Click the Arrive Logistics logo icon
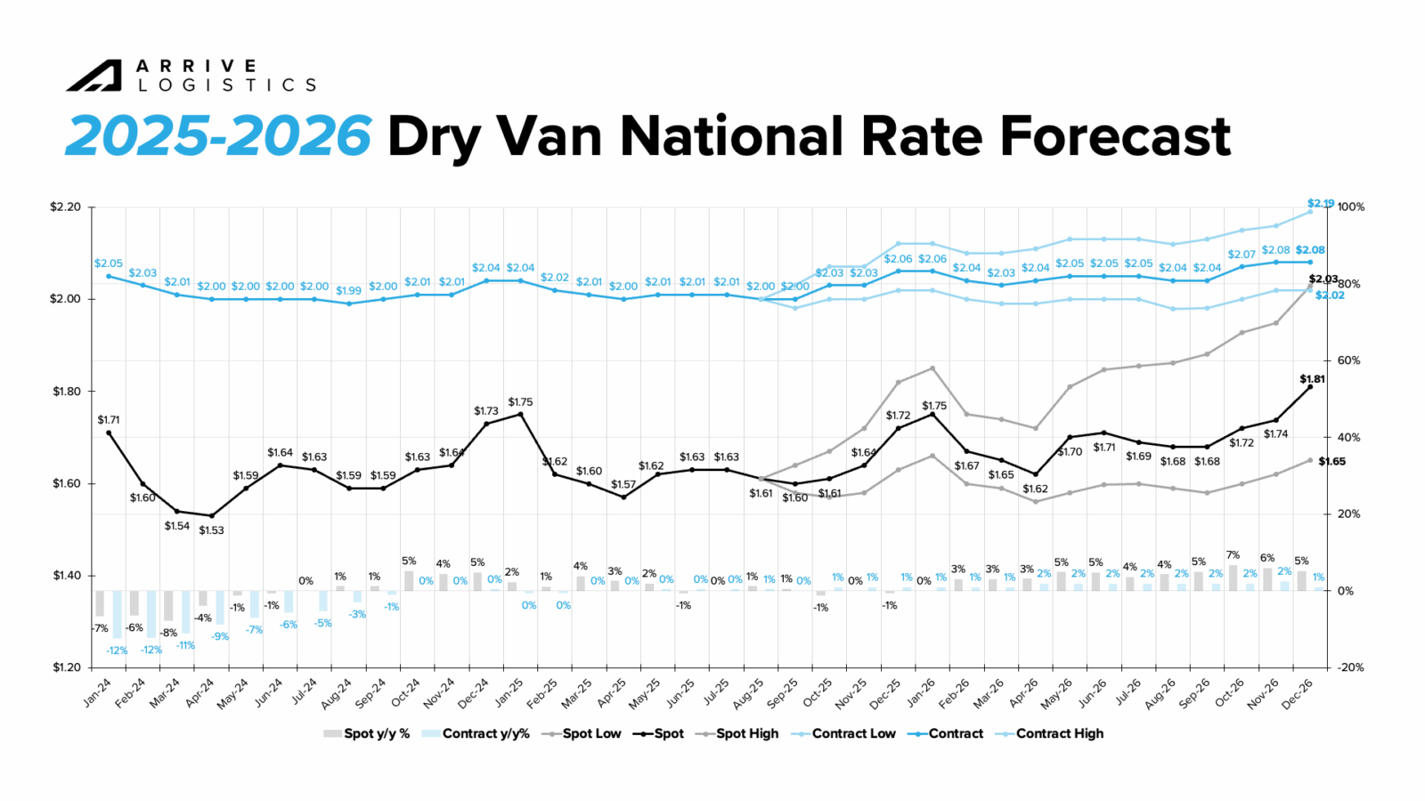click(x=94, y=76)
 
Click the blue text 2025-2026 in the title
click(x=218, y=136)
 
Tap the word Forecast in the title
click(x=1114, y=136)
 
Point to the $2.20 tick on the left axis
click(x=65, y=207)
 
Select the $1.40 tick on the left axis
click(x=65, y=576)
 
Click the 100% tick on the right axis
click(x=1350, y=207)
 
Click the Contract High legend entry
click(x=1059, y=733)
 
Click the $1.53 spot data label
click(x=211, y=530)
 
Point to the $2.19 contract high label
click(x=1320, y=204)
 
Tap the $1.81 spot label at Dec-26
click(x=1312, y=379)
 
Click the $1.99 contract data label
click(x=348, y=291)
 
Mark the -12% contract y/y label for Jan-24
click(x=117, y=651)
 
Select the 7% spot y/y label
click(x=1233, y=555)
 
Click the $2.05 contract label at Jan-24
click(x=109, y=263)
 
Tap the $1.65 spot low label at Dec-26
click(x=1331, y=462)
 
